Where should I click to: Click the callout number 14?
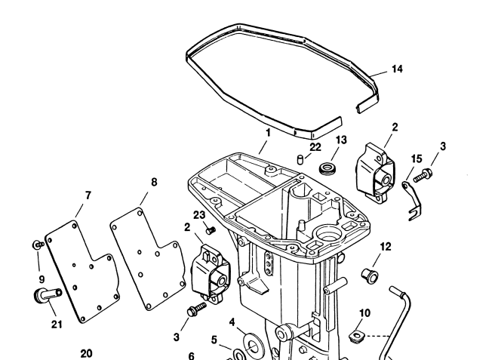point(397,69)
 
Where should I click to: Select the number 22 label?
point(315,146)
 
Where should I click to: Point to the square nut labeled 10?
point(357,334)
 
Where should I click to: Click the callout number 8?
point(154,183)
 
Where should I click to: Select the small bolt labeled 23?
point(211,229)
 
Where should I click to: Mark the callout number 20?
point(87,352)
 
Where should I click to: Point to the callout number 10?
point(364,312)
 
